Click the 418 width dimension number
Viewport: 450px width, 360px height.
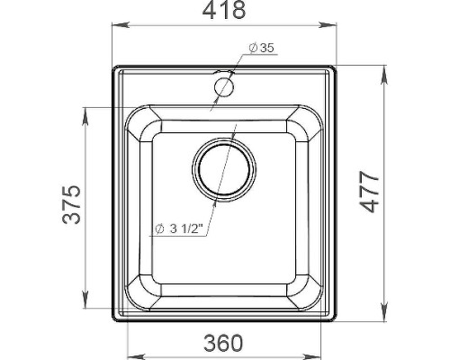click(x=224, y=10)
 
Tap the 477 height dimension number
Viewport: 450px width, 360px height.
click(x=369, y=192)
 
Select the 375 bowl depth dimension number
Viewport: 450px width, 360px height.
click(x=71, y=205)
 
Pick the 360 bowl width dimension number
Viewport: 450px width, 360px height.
click(x=223, y=343)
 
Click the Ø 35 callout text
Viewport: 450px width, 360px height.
click(x=262, y=48)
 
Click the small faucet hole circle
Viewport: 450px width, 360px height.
click(x=224, y=87)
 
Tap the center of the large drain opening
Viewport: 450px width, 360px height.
click(x=224, y=169)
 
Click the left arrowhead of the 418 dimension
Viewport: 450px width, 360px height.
click(x=121, y=25)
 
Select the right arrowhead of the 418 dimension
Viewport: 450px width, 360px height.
click(x=328, y=25)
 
